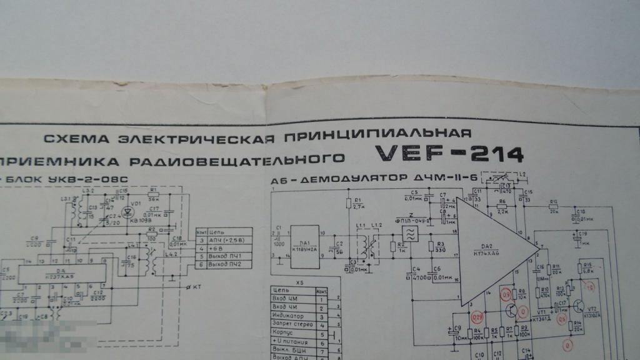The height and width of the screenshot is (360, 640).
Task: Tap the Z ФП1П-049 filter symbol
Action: coord(411,234)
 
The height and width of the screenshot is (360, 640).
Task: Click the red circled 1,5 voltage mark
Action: coord(589,287)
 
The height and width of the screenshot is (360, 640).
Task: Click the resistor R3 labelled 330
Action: coord(432,245)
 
